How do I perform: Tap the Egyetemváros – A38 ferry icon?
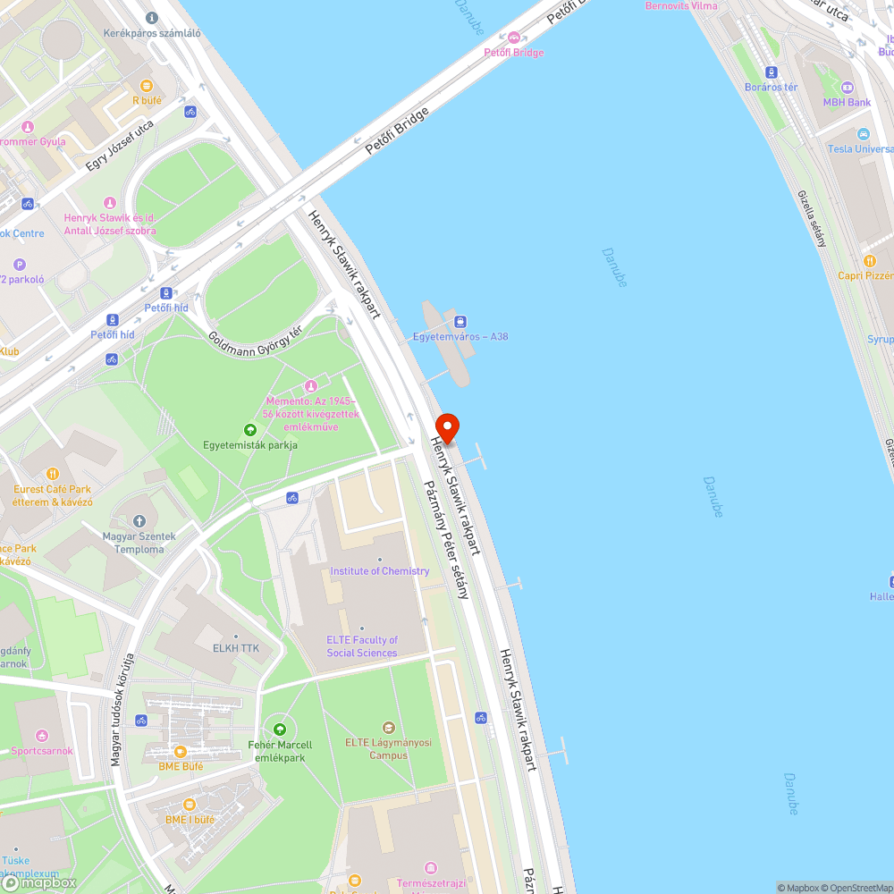tap(460, 322)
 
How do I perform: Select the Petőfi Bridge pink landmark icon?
tap(513, 38)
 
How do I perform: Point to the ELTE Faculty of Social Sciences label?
tap(362, 645)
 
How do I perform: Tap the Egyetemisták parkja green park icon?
tap(250, 430)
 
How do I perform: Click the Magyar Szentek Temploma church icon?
tap(139, 521)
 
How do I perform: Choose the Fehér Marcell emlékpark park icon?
tap(280, 730)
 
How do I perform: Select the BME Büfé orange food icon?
tap(180, 751)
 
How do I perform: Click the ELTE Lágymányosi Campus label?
tap(388, 748)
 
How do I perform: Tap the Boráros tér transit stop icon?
tap(771, 72)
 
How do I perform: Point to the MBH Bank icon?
tap(848, 88)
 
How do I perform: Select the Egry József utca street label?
tap(120, 146)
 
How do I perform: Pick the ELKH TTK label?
tap(235, 648)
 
